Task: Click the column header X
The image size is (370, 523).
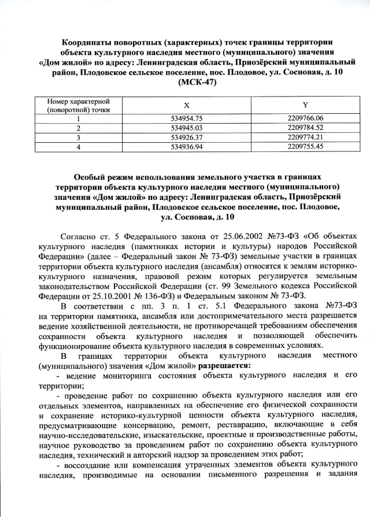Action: coord(186,105)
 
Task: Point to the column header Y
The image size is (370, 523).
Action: coord(305,105)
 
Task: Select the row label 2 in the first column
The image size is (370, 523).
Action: coord(77,128)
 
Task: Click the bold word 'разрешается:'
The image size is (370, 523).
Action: coord(225,365)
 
